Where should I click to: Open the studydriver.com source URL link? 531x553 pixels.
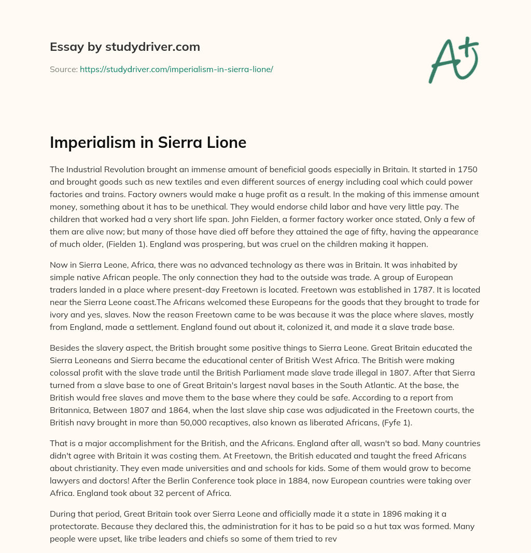click(x=176, y=69)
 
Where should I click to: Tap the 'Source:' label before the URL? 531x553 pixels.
click(x=63, y=69)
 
